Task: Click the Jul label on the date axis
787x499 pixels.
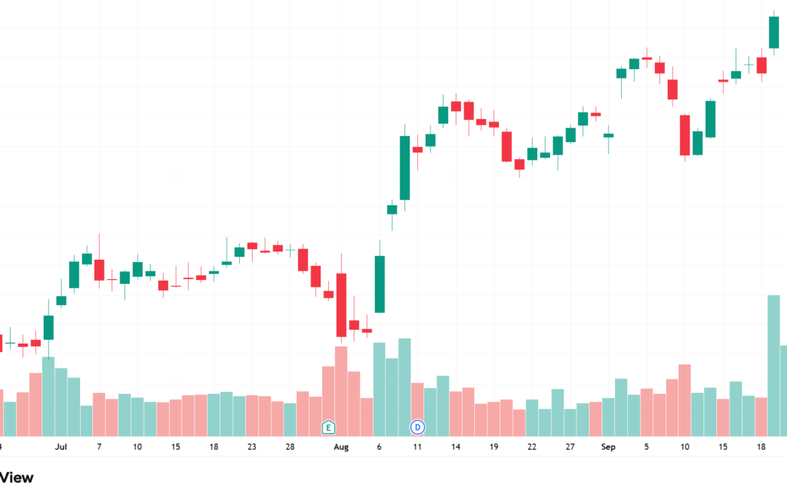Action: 61,447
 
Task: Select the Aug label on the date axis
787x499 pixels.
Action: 340,447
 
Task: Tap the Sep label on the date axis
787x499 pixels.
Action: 609,447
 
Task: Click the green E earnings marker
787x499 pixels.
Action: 328,426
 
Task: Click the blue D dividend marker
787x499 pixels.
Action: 417,426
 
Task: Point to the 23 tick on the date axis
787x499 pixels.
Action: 251,447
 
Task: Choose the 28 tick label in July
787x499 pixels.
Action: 290,447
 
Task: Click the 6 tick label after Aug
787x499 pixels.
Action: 379,447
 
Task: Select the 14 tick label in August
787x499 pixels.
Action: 455,447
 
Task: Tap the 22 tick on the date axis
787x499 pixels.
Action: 532,447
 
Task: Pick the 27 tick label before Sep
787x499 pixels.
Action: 570,447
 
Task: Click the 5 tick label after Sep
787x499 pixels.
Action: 646,447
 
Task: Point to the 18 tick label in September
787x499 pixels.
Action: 761,447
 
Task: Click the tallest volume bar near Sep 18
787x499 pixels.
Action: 774,365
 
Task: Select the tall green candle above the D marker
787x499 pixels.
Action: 404,168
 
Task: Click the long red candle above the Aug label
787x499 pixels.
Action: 341,304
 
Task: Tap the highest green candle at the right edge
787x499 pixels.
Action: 774,32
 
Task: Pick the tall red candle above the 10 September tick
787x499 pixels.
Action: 685,135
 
